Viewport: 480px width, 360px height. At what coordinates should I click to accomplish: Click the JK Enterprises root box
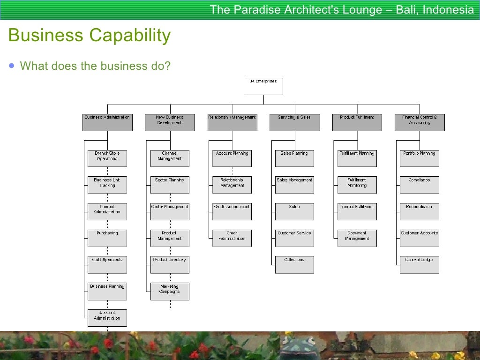pyautogui.click(x=263, y=86)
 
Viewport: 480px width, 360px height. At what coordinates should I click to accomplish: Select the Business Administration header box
pyautogui.click(x=107, y=122)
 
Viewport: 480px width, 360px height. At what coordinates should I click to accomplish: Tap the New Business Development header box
pyautogui.click(x=170, y=122)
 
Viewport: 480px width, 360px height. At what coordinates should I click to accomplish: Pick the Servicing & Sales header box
pyautogui.click(x=294, y=122)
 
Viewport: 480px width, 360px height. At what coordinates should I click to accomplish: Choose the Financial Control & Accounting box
pyautogui.click(x=420, y=122)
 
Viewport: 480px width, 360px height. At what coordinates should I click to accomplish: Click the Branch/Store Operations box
pyautogui.click(x=107, y=158)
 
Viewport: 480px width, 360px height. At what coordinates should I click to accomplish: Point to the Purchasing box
pyautogui.click(x=107, y=238)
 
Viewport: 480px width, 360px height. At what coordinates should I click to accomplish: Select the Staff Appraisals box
pyautogui.click(x=107, y=265)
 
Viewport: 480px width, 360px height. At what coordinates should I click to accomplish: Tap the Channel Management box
pyautogui.click(x=170, y=158)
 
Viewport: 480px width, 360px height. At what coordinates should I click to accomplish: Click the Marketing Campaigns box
pyautogui.click(x=170, y=291)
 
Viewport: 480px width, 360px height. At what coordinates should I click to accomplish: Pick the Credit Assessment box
pyautogui.click(x=232, y=211)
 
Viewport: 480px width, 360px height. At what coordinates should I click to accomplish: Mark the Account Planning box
pyautogui.click(x=232, y=158)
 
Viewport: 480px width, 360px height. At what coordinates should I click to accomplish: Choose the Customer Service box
pyautogui.click(x=294, y=238)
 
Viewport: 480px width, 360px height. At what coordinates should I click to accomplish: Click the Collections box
pyautogui.click(x=294, y=265)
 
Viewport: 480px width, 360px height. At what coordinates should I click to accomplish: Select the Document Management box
pyautogui.click(x=357, y=238)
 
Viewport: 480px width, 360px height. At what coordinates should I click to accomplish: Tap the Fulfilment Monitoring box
pyautogui.click(x=357, y=185)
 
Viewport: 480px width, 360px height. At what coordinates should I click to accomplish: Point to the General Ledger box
pyautogui.click(x=420, y=265)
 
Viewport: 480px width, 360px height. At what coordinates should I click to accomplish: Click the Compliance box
pyautogui.click(x=420, y=185)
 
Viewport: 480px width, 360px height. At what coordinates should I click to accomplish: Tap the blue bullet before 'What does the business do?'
pyautogui.click(x=11, y=66)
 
